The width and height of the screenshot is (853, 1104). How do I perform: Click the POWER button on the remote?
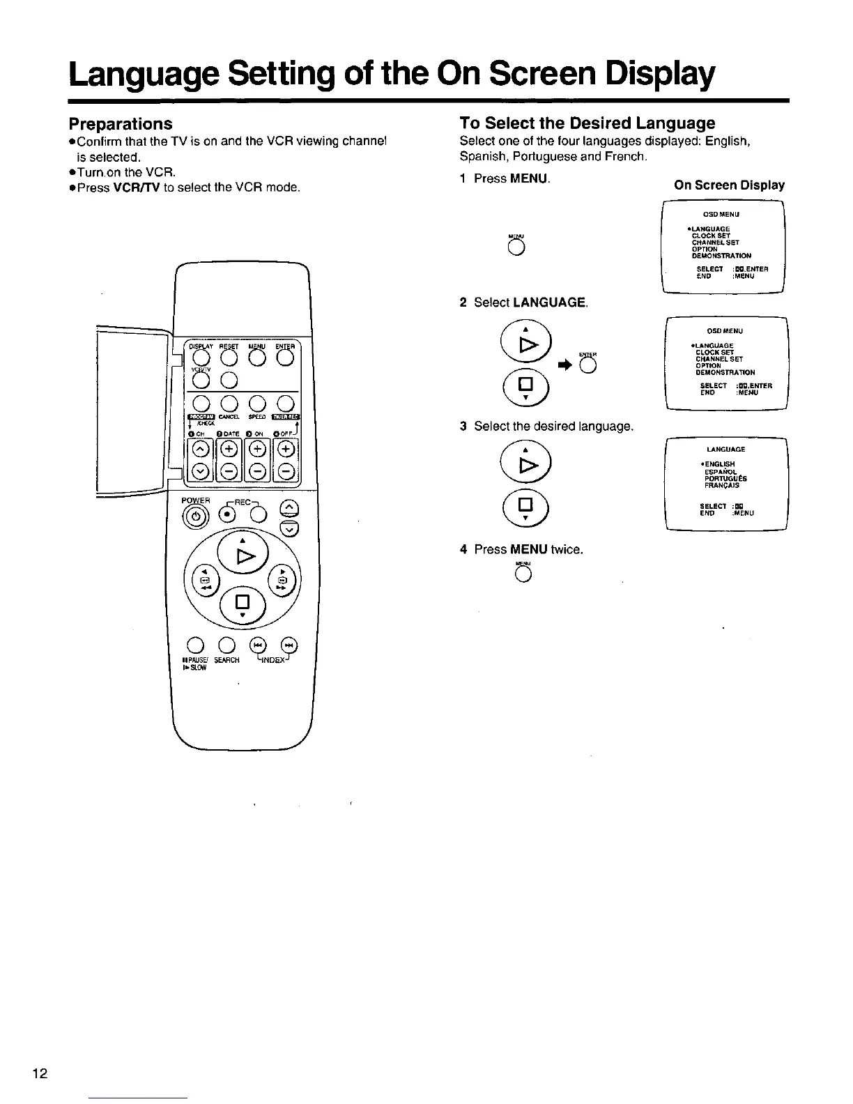(194, 516)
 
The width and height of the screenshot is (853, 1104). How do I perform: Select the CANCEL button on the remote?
(229, 404)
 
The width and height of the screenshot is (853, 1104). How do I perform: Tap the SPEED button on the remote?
(257, 404)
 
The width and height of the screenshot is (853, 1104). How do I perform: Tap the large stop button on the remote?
(243, 602)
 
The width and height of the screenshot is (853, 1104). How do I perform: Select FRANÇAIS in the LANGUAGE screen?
(721, 486)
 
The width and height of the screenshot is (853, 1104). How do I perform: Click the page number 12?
(40, 1073)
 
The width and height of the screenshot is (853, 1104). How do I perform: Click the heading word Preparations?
(120, 123)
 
